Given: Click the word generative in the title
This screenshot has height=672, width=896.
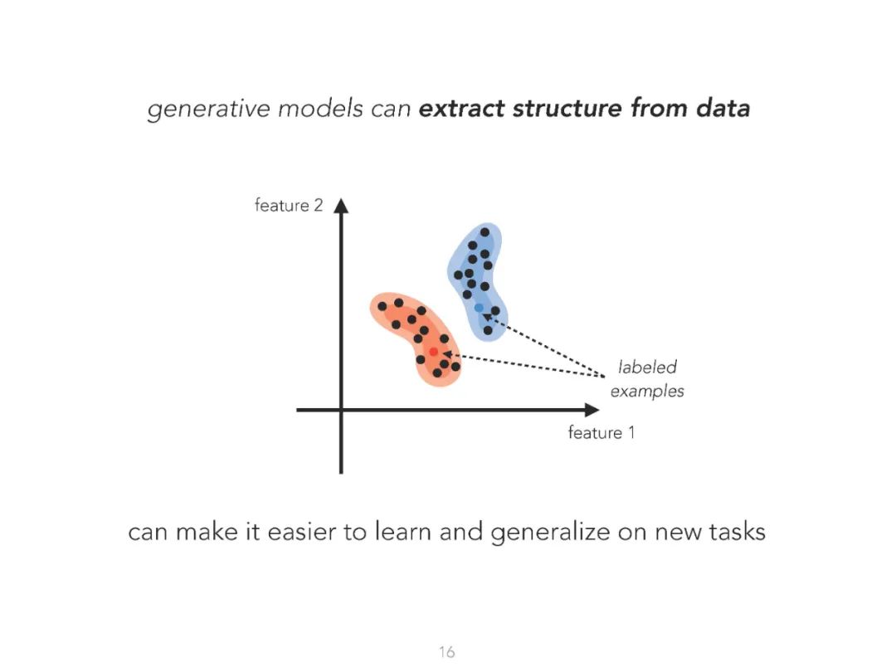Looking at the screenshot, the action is [196, 109].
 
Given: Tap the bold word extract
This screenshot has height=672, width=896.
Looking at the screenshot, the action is [461, 108].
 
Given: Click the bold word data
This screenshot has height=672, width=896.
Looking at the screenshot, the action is [722, 108].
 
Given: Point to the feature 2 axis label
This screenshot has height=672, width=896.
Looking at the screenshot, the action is [288, 205].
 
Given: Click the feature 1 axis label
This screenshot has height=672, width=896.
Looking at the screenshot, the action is [601, 432].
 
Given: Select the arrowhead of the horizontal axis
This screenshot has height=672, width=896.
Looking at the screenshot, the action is [591, 410].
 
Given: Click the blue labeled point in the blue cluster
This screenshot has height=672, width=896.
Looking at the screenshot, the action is [479, 308].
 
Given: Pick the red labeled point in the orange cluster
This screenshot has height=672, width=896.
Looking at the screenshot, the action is [433, 352].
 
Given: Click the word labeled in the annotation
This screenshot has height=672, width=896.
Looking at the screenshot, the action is [647, 368].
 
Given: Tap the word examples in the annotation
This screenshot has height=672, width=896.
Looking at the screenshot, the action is [647, 391].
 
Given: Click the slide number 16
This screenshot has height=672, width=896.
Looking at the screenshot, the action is [447, 652].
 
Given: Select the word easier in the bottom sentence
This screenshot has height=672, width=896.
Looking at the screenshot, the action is [300, 531].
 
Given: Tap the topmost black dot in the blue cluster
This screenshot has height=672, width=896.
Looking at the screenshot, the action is [485, 232].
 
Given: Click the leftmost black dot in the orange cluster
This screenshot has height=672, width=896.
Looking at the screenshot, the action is [382, 306].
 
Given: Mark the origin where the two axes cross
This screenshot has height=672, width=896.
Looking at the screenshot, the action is [341, 410].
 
